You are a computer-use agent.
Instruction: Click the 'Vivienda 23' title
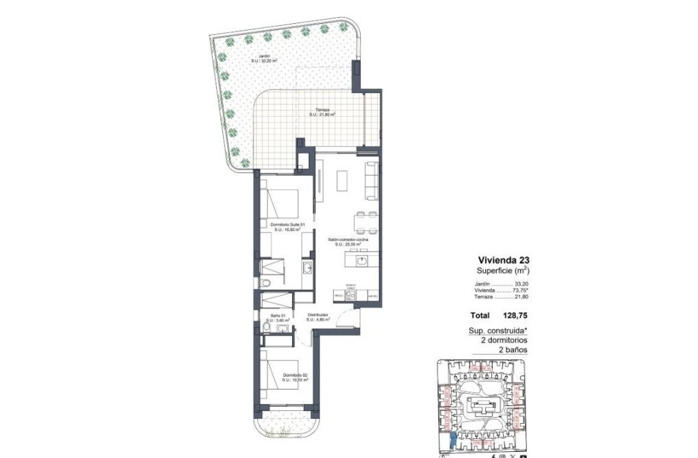tap(503, 260)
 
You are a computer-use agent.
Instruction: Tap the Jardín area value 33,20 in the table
tap(521, 284)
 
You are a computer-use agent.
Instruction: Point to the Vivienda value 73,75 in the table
tap(520, 291)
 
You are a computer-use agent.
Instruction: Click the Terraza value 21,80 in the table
tap(521, 297)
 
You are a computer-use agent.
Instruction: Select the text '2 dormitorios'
tap(504, 340)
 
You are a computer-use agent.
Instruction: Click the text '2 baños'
tap(514, 349)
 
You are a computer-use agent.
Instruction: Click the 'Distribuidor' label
tap(318, 315)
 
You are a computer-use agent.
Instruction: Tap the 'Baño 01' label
tap(277, 315)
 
